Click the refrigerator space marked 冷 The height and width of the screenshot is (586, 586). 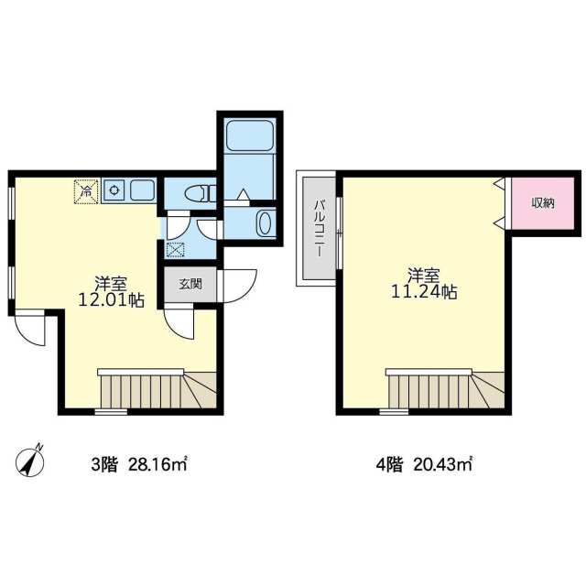[x=86, y=191]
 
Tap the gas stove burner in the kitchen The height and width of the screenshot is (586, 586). [x=114, y=190]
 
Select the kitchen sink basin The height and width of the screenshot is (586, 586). [x=142, y=190]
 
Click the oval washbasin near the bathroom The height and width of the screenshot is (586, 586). [x=265, y=222]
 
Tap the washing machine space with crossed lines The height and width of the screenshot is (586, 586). [x=175, y=250]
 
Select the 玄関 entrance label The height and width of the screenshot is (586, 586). [x=190, y=284]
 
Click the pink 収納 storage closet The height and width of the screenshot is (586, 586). [x=543, y=203]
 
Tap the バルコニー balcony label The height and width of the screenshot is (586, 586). [x=319, y=228]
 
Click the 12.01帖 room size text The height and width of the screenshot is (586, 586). [x=111, y=299]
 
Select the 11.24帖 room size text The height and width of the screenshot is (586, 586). [x=424, y=291]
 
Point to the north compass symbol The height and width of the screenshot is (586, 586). [x=29, y=461]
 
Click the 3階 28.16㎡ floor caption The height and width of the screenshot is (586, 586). [x=138, y=465]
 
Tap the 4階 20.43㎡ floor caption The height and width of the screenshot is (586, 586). [x=424, y=465]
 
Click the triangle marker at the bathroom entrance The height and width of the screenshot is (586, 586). [x=244, y=194]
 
